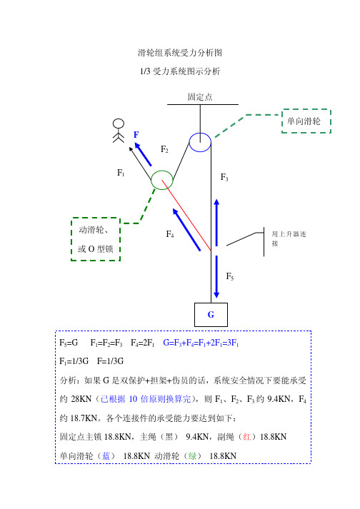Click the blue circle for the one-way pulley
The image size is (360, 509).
point(190,142)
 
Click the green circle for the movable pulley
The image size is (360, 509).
point(151,180)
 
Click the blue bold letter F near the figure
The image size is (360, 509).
point(136,134)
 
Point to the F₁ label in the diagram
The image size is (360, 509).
point(121,173)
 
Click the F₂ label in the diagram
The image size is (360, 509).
point(164,149)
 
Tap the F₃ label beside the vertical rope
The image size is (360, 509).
point(224,177)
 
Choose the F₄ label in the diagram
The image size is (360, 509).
point(170,233)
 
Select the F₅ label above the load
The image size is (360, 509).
point(230,276)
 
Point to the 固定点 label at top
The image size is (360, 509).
point(200,97)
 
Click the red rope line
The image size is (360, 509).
point(186,215)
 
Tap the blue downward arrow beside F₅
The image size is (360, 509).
point(216,277)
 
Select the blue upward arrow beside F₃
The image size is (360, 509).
point(216,223)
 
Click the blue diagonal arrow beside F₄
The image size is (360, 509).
point(186,229)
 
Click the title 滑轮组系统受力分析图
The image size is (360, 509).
point(180,53)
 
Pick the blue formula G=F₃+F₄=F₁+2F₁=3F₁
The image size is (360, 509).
point(201,343)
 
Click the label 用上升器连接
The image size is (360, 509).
point(289,238)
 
